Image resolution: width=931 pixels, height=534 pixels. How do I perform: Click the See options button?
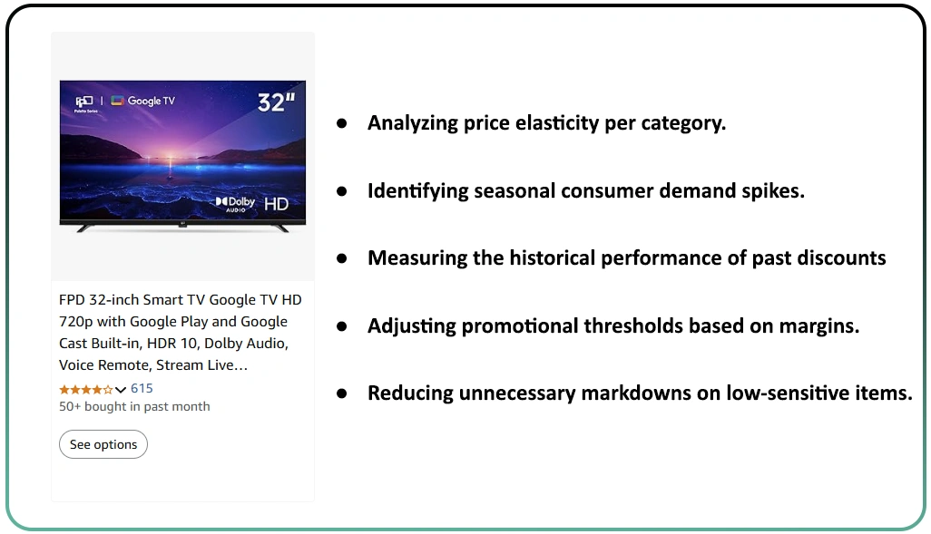103,444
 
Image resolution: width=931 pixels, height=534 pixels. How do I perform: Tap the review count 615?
142,388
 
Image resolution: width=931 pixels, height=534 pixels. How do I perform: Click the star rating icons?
85,389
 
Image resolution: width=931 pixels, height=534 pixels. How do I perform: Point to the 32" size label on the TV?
276,102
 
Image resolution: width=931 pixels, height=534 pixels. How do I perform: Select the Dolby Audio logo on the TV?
235,204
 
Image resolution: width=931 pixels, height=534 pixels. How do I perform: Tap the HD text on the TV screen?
276,204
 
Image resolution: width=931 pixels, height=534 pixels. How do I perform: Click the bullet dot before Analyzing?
342,123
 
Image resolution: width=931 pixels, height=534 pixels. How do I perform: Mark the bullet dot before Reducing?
342,393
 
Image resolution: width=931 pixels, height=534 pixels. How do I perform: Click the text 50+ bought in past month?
134,406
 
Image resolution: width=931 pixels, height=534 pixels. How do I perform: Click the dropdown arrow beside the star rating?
121,389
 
